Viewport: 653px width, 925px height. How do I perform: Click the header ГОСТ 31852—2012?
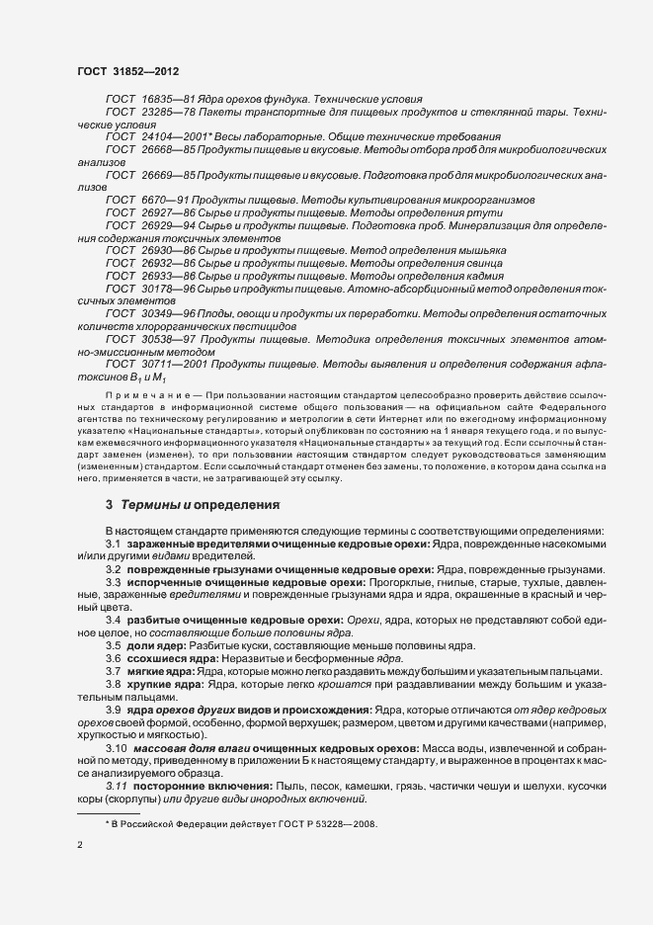point(127,70)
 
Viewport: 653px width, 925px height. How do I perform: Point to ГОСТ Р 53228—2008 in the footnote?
point(322,824)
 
